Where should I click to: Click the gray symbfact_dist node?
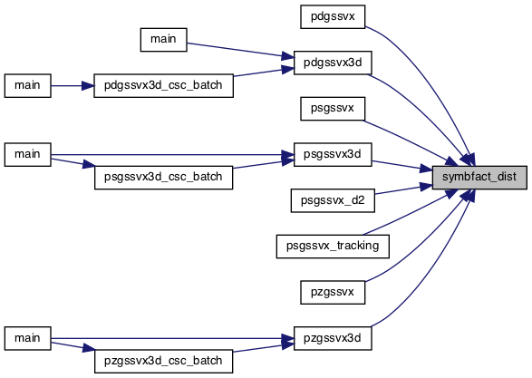(x=479, y=178)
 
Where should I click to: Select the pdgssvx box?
(x=333, y=16)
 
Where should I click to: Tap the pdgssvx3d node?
(x=333, y=63)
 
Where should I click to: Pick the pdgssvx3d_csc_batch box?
(x=163, y=85)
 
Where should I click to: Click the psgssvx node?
(x=333, y=109)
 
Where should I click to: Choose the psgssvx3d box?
(x=333, y=154)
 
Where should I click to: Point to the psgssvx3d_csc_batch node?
(x=163, y=178)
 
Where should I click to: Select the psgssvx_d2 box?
(x=333, y=200)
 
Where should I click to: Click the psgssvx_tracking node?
(x=333, y=247)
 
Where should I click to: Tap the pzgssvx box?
(x=333, y=292)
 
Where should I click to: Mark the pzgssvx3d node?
(x=333, y=338)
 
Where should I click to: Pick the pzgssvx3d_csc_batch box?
(x=163, y=361)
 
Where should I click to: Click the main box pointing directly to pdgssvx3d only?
(x=163, y=40)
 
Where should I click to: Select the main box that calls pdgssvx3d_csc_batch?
(x=28, y=85)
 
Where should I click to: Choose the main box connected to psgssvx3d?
(x=28, y=154)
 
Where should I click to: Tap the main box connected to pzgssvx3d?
(x=28, y=338)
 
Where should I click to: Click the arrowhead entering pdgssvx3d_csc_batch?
(x=88, y=86)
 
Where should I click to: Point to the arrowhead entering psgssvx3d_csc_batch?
(x=89, y=165)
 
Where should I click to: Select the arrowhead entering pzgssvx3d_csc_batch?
(x=89, y=349)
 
